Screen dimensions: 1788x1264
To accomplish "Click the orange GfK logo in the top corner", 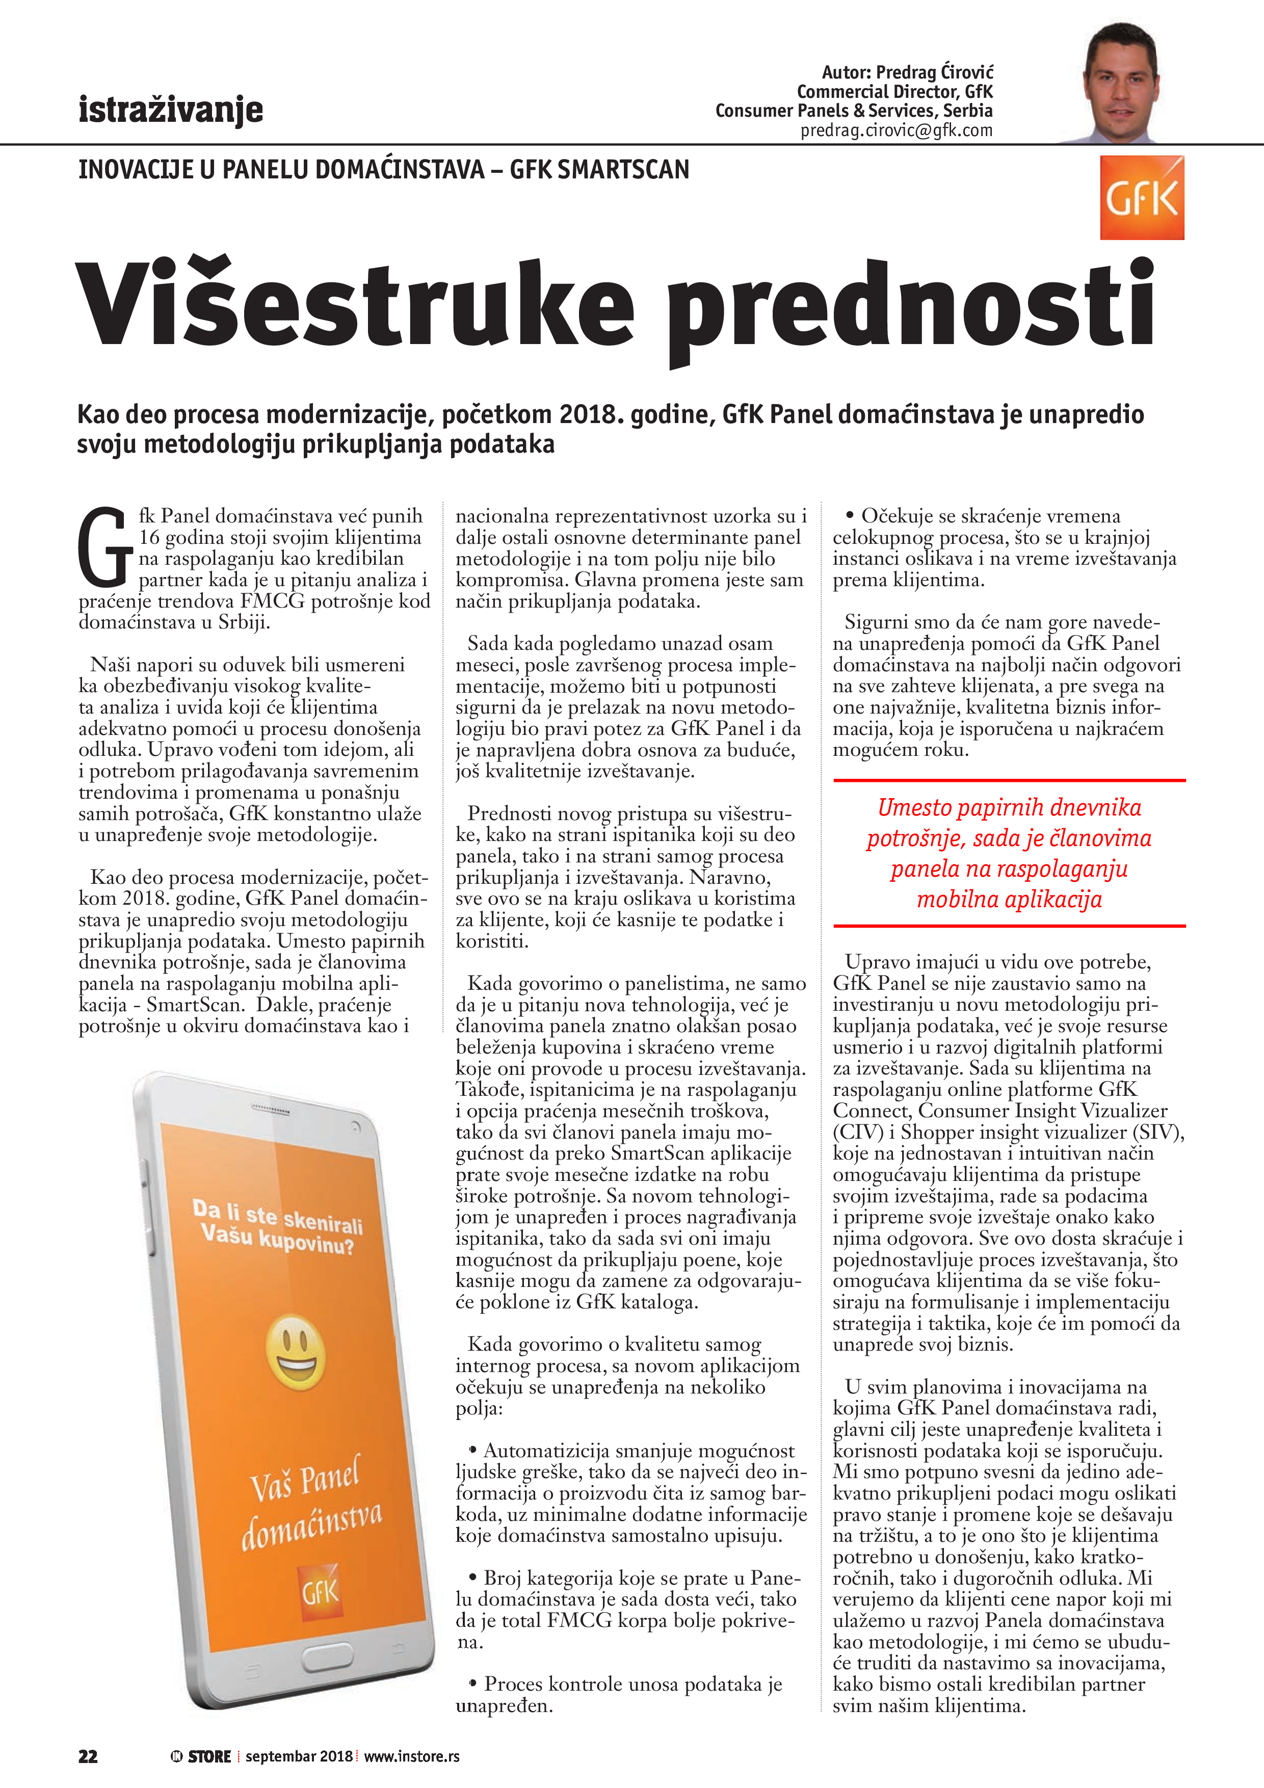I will point(1141,198).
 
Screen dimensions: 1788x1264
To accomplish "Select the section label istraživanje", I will point(171,110).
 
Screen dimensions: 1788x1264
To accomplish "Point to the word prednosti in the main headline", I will point(911,308).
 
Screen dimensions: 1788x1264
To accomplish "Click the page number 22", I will point(88,1756).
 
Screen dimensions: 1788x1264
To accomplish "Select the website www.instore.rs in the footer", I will point(411,1756).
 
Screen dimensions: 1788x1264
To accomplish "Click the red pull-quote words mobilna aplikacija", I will point(1009,900).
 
